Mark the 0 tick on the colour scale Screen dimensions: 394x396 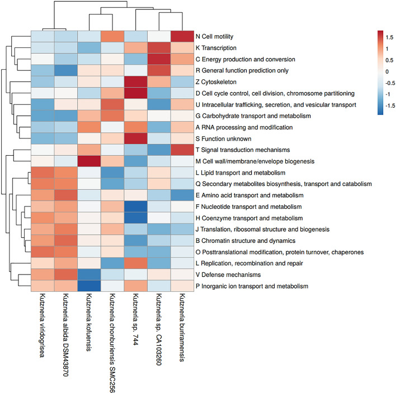click(x=387, y=71)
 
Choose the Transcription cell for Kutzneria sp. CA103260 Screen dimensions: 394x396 click(x=157, y=48)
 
